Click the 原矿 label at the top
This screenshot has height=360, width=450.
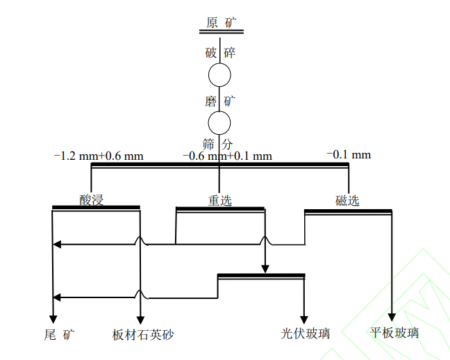coord(221,22)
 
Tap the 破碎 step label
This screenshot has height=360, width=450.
coord(221,53)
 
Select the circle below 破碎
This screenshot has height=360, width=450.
coord(220,75)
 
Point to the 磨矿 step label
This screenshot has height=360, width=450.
coord(221,101)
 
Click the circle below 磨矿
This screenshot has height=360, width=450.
coord(220,123)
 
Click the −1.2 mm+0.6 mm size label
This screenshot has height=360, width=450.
coord(99,156)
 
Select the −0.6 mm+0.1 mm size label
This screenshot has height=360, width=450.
coord(227,156)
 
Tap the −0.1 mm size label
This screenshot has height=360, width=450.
coord(349,154)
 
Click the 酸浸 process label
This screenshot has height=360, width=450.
coord(91,201)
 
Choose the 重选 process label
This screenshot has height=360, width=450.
coord(219,201)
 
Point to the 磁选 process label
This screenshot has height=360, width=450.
coord(347,201)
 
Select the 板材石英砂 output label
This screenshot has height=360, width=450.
coord(142,334)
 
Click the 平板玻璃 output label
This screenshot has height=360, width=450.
coord(395,334)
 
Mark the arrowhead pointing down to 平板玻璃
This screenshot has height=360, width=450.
coord(393,317)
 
